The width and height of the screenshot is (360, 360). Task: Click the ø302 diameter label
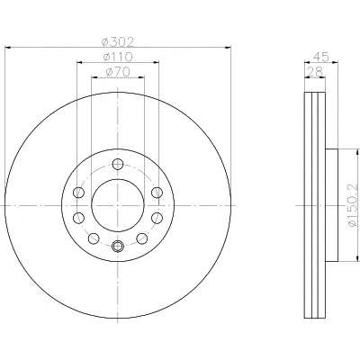[x=117, y=41]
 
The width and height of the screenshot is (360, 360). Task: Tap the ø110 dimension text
[x=117, y=57]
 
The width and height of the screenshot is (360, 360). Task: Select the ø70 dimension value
[x=118, y=72]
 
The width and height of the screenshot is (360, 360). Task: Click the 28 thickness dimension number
[x=315, y=71]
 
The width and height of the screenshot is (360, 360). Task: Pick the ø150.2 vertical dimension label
[x=354, y=205]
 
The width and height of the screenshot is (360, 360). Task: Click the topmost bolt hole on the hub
[x=118, y=164]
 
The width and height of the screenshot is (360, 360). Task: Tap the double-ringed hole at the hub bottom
[x=118, y=247]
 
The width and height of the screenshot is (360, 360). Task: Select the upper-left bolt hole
[x=78, y=192]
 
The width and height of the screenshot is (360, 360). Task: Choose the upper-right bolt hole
[x=157, y=192]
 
